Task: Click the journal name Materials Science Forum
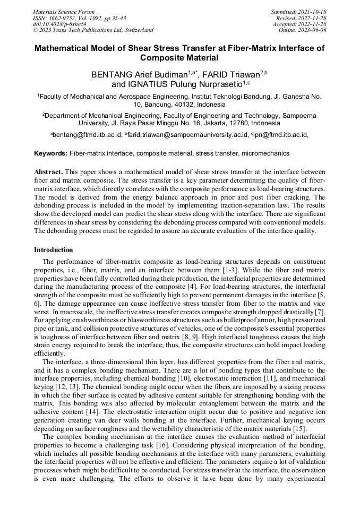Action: [64, 12]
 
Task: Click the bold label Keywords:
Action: [50, 153]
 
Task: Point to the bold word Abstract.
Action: [48, 172]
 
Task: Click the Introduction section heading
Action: [54, 249]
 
